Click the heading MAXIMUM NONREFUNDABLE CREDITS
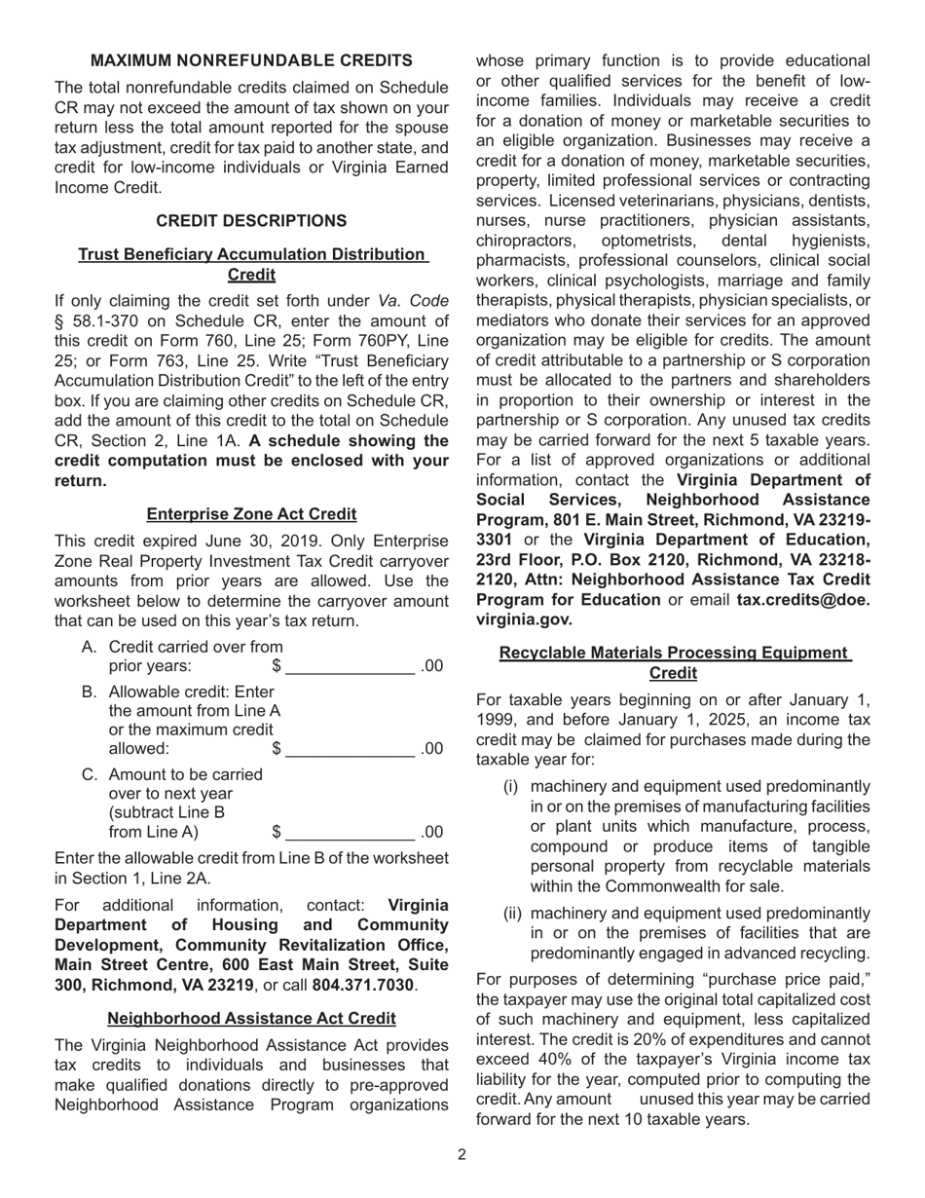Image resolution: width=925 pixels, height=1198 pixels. [251, 60]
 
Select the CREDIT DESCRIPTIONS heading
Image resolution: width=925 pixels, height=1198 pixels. [251, 221]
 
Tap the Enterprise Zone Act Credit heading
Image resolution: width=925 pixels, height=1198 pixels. [251, 514]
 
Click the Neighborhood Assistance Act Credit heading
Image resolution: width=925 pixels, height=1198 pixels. [251, 1019]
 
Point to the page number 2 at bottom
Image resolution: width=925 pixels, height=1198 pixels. [462, 1156]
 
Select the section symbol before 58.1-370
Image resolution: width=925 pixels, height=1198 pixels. [58, 321]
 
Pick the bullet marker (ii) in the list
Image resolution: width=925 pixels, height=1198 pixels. [512, 914]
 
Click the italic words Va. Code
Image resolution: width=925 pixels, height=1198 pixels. [414, 301]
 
